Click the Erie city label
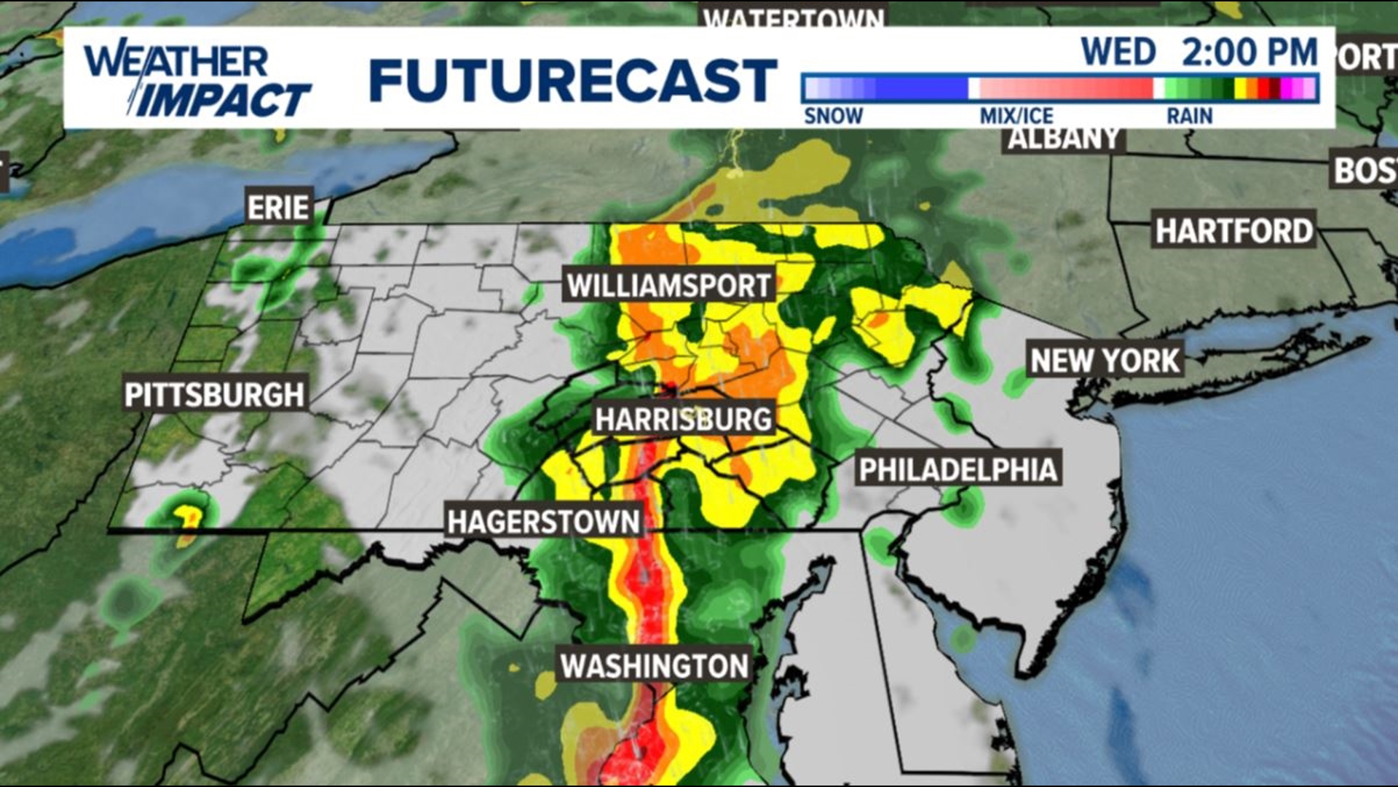click(279, 208)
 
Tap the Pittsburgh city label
click(214, 394)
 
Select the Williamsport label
click(668, 286)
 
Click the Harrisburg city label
click(683, 419)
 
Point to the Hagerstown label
click(543, 522)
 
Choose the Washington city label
click(654, 665)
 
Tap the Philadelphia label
click(957, 470)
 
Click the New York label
click(1105, 360)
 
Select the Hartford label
click(1233, 231)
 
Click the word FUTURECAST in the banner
click(573, 79)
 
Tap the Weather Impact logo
click(197, 80)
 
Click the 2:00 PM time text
click(1249, 52)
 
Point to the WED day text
click(1118, 52)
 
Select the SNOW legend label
click(833, 116)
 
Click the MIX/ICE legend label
click(1016, 116)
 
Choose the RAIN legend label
click(1189, 116)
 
